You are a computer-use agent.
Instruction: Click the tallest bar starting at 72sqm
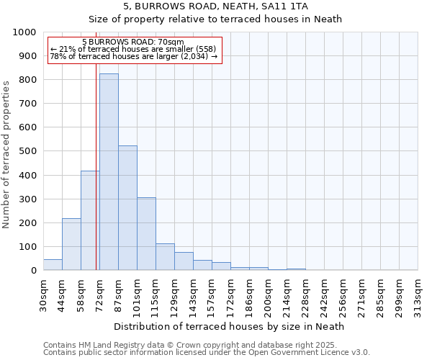click(x=109, y=172)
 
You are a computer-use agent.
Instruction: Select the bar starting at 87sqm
click(x=127, y=208)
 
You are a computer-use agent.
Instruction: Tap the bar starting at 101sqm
click(x=146, y=234)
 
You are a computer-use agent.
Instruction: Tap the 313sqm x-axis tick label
click(x=418, y=297)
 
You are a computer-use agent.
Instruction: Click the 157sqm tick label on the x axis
click(x=212, y=297)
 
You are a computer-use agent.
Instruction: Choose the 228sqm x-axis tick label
click(x=305, y=297)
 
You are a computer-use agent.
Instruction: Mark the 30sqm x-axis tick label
click(x=43, y=295)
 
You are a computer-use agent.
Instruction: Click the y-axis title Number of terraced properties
click(x=6, y=154)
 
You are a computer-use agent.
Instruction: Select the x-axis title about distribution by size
click(x=229, y=326)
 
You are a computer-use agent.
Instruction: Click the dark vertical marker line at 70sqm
click(x=96, y=180)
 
